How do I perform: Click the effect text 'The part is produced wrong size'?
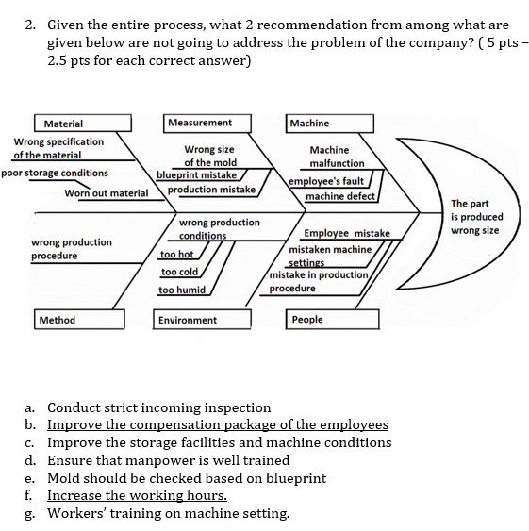pyautogui.click(x=476, y=217)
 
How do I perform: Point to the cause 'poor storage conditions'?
pyautogui.click(x=55, y=174)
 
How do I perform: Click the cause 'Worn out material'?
pyautogui.click(x=107, y=193)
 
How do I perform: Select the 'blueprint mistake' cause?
pyautogui.click(x=196, y=174)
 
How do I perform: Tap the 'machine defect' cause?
pyautogui.click(x=340, y=196)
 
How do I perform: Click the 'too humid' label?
pyautogui.click(x=182, y=290)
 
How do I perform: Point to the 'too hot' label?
pyautogui.click(x=176, y=255)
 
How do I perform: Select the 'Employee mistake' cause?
pyautogui.click(x=346, y=233)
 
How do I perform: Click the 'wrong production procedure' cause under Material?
pyautogui.click(x=72, y=249)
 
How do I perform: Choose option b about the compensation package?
pyautogui.click(x=217, y=425)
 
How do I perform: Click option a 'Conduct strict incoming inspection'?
pyautogui.click(x=158, y=408)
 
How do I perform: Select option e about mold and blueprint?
pyautogui.click(x=186, y=478)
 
